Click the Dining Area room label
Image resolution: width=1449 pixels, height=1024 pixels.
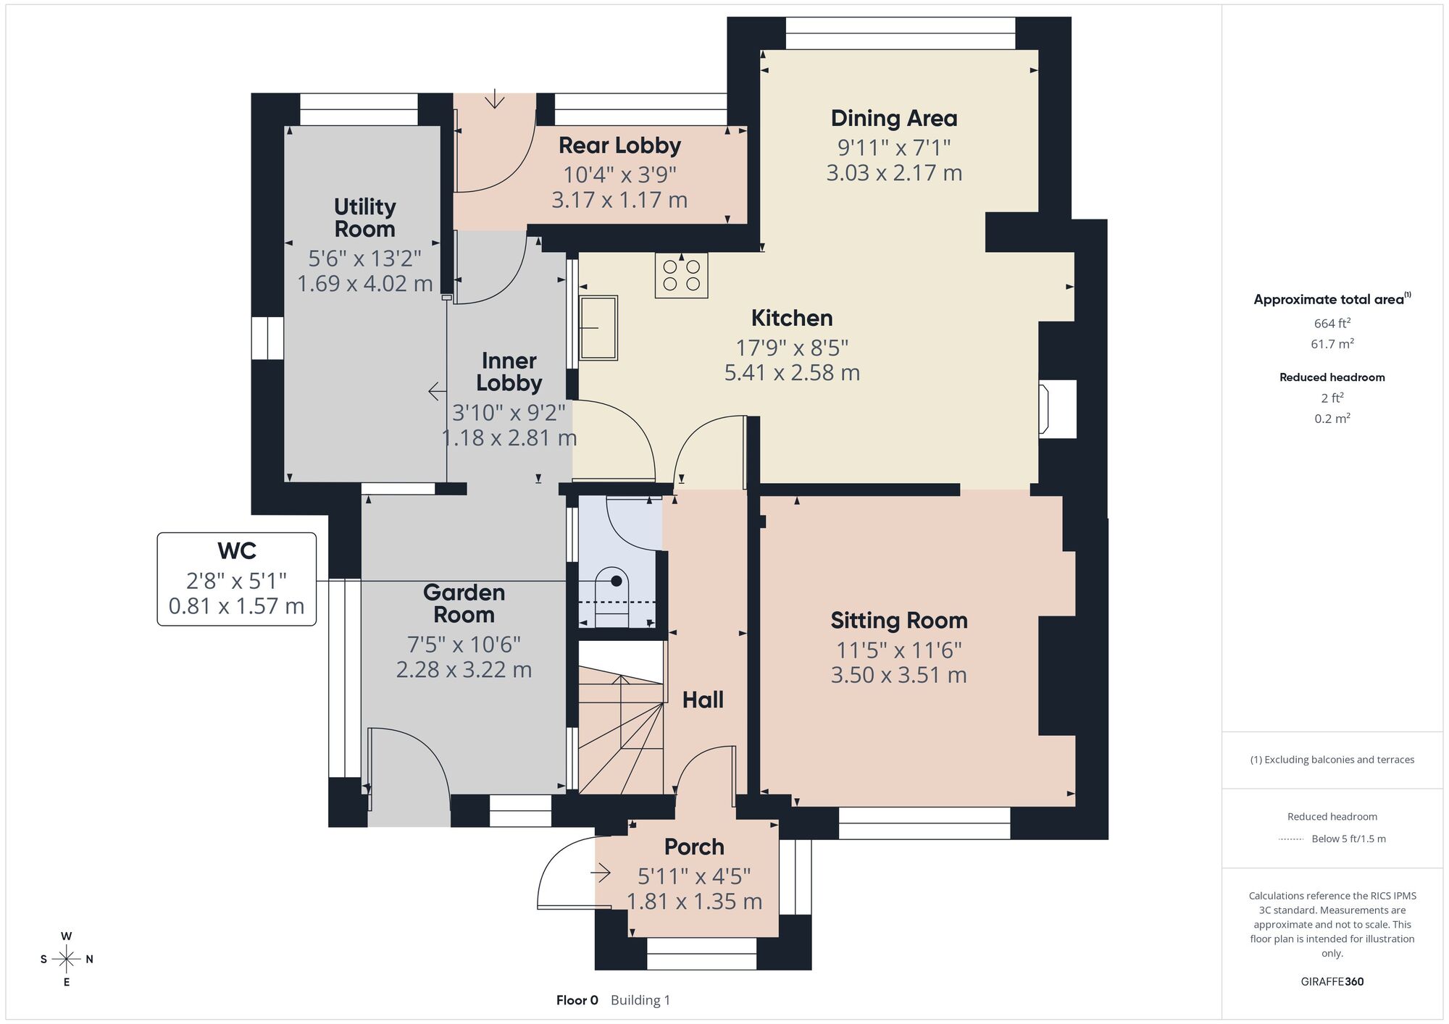894,118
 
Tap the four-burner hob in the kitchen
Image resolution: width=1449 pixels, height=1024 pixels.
681,275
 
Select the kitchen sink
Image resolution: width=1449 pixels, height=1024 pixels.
598,328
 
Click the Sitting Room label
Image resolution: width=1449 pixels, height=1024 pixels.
899,621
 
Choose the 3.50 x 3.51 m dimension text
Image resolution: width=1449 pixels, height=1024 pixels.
899,675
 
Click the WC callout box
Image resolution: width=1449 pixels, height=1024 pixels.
237,579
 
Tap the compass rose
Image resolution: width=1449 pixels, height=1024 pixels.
67,960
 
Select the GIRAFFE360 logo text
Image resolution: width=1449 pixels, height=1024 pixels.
1332,982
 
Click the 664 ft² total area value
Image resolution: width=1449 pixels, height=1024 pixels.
1332,323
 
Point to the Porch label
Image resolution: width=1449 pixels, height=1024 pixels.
694,847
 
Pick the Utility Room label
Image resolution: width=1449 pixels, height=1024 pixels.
364,218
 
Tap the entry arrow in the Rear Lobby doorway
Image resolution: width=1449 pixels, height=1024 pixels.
495,98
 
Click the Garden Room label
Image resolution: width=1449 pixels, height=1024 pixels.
464,603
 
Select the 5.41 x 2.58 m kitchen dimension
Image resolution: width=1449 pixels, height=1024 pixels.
792,373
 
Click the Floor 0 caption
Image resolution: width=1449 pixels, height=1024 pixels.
577,1000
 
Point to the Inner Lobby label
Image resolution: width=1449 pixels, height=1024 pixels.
509,372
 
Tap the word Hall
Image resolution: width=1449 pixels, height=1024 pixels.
703,700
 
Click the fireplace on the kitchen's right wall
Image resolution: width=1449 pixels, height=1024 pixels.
1056,409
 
